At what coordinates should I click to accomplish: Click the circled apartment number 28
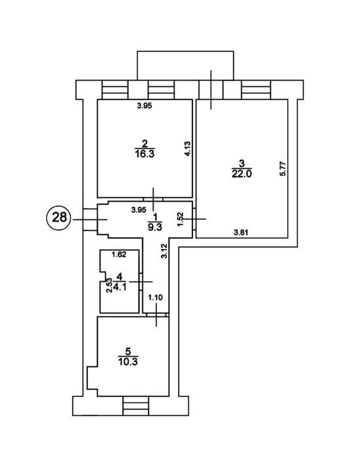[60, 218]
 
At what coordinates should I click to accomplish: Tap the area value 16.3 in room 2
[145, 154]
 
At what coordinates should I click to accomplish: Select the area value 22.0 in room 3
[242, 173]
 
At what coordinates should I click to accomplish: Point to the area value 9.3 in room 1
[155, 227]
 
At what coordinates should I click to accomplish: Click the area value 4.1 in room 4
[120, 287]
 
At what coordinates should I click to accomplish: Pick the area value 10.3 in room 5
[128, 361]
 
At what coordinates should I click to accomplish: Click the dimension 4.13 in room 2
[187, 149]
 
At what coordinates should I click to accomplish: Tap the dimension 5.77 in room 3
[283, 168]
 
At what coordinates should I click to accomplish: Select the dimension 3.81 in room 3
[241, 233]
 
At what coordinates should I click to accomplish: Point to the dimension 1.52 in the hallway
[181, 219]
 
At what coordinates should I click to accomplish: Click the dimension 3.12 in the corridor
[165, 252]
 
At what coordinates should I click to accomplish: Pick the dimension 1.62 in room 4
[120, 254]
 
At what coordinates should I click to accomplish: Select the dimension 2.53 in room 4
[109, 285]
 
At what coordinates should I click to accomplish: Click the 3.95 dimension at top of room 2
[145, 106]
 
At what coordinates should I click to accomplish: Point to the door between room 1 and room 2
[153, 199]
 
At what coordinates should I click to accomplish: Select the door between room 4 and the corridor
[141, 282]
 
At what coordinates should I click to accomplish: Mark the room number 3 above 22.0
[242, 163]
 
